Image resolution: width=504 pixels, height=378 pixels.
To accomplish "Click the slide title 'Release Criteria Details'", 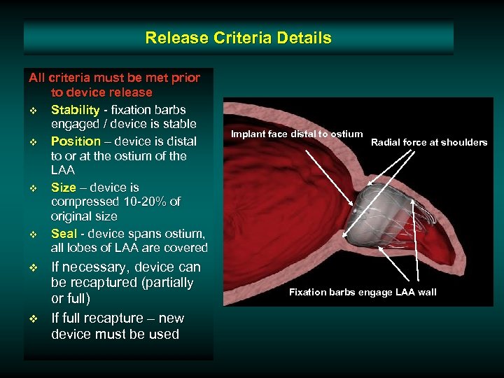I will point(238,38).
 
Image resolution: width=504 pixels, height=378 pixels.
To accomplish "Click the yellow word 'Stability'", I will point(75,110).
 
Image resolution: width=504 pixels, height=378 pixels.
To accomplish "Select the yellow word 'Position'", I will point(76,141).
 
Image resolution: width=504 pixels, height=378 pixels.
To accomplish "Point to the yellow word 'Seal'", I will point(64,234).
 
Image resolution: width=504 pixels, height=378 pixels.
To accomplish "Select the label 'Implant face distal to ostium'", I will point(297,134).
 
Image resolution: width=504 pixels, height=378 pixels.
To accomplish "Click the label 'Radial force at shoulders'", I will point(429,142).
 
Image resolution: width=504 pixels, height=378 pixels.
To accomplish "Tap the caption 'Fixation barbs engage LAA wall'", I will point(363,292).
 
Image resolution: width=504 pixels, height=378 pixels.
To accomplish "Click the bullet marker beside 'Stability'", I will point(33,111).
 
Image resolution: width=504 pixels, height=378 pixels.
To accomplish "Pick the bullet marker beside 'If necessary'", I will point(33,268).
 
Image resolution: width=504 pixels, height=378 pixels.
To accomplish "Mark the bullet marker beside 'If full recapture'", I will point(33,319).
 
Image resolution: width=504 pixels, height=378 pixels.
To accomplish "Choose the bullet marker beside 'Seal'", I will point(33,234).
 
